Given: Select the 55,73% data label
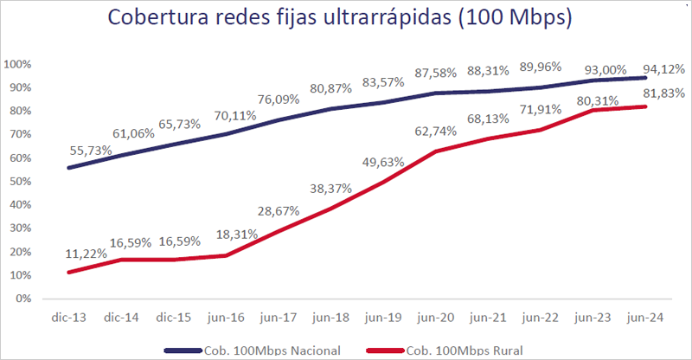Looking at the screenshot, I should [x=89, y=150].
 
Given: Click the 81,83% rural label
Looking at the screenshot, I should [x=663, y=93].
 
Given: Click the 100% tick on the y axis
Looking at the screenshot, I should [x=18, y=65].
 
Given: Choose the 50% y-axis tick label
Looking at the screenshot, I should [x=20, y=182].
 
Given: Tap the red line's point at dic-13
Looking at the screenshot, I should [x=69, y=272].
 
